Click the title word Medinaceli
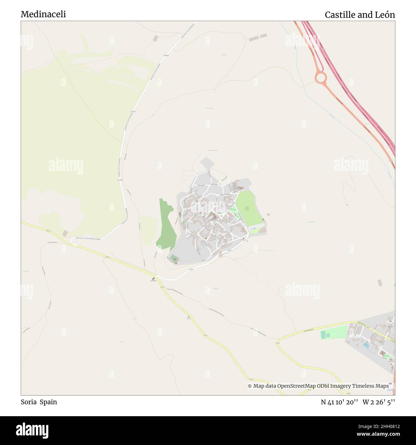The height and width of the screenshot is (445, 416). click(43, 14)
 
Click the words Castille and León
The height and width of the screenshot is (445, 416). click(360, 15)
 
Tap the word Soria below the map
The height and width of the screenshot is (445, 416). click(28, 402)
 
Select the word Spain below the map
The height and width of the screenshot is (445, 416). click(48, 402)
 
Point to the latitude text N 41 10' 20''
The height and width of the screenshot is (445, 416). click(339, 402)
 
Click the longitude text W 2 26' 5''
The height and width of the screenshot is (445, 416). click(379, 402)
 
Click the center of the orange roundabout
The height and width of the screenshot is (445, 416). click(320, 77)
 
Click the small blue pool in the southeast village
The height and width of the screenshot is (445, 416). click(365, 346)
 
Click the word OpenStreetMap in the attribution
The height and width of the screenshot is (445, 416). click(297, 386)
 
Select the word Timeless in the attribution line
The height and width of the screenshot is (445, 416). click(364, 386)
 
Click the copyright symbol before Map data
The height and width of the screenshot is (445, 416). click(250, 386)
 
